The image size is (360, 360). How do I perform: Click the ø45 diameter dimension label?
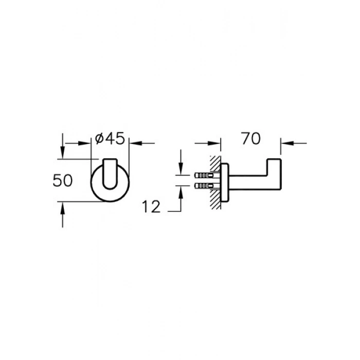pyautogui.click(x=110, y=138)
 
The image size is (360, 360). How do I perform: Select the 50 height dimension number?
pyautogui.click(x=62, y=180)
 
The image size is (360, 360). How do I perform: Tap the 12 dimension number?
pyautogui.click(x=151, y=207)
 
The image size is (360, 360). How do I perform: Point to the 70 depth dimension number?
pyautogui.click(x=251, y=138)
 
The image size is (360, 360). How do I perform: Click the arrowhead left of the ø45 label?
pyautogui.click(x=84, y=143)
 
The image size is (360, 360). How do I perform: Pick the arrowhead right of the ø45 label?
pyautogui.click(x=136, y=143)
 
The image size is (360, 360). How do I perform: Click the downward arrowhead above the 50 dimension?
pyautogui.click(x=62, y=152)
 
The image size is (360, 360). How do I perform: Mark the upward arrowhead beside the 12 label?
pyautogui.click(x=181, y=192)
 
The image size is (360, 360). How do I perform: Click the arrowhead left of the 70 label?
pyautogui.click(x=214, y=143)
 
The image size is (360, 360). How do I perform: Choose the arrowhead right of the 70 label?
pyautogui.click(x=287, y=143)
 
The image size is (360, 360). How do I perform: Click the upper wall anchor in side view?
pyautogui.click(x=204, y=176)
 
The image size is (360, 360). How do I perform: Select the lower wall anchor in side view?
pyautogui.click(x=204, y=186)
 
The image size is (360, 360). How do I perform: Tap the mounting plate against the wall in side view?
pyautogui.click(x=224, y=183)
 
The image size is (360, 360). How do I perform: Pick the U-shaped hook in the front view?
pyautogui.click(x=110, y=174)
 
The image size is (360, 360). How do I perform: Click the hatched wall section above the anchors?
pyautogui.click(x=215, y=164)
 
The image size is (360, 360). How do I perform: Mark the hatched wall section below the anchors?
pyautogui.click(x=215, y=200)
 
